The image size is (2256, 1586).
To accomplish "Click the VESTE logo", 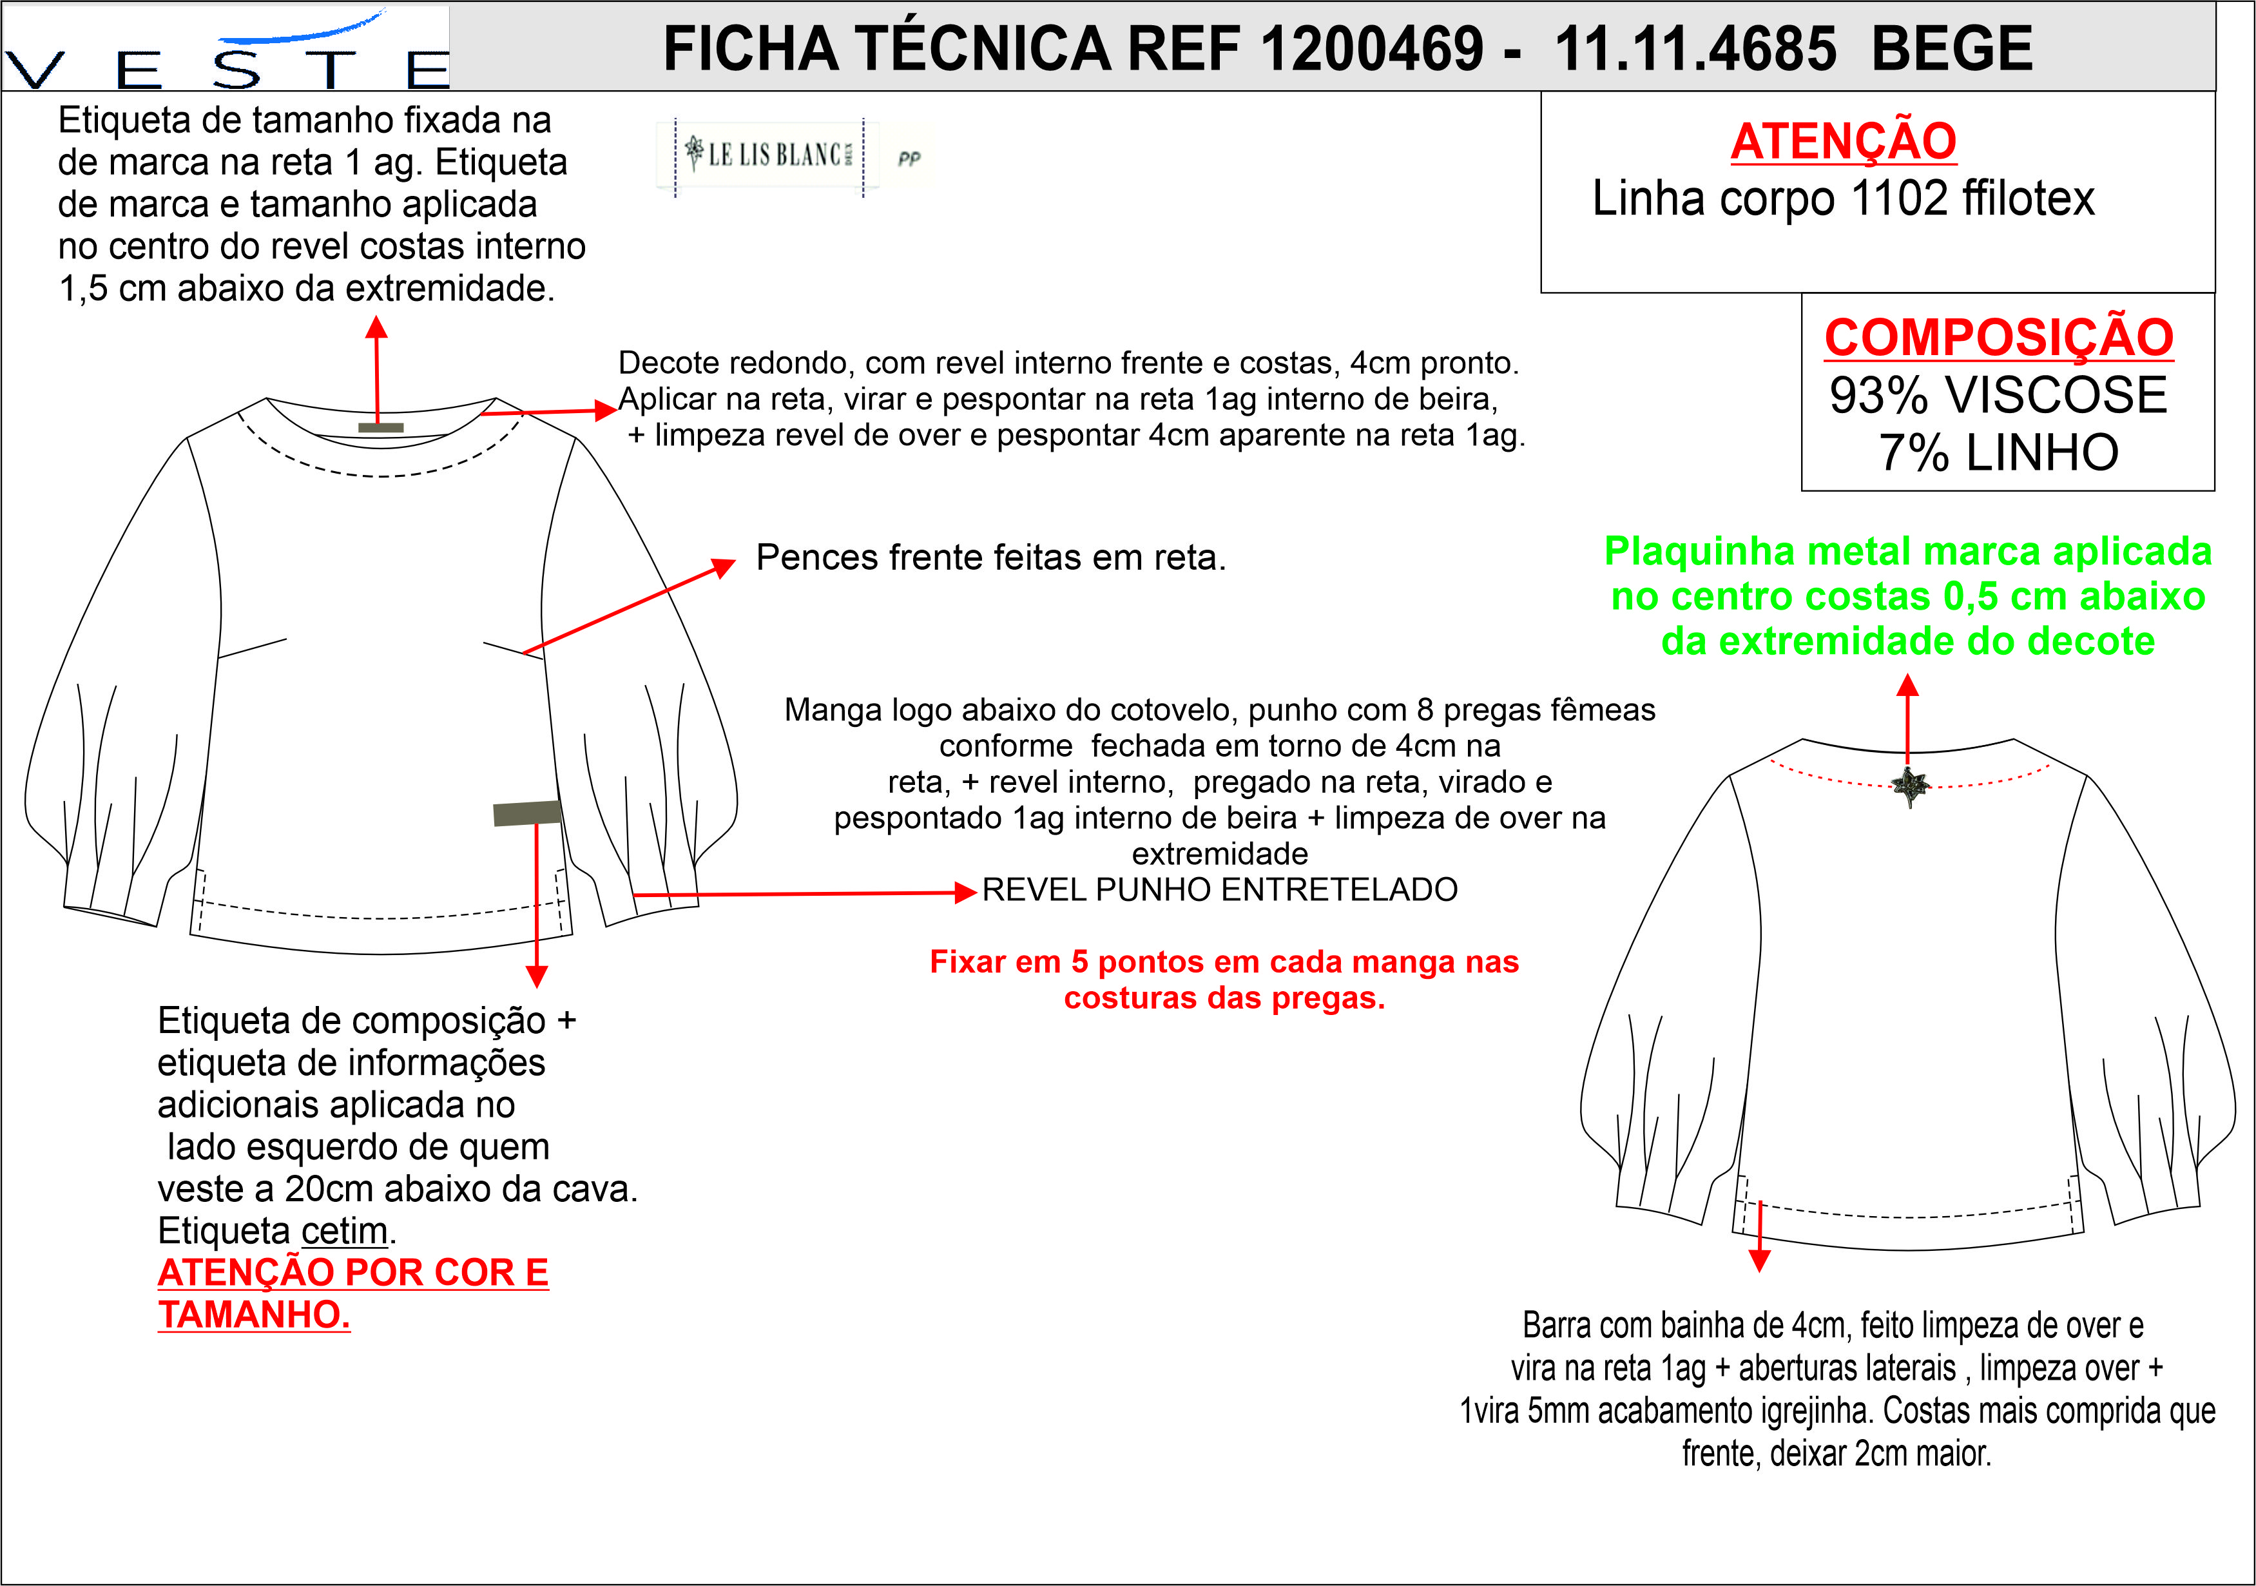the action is point(226,49).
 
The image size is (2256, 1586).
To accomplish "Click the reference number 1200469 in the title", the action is point(1372,48).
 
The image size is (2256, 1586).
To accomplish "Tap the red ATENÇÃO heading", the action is point(1844,140).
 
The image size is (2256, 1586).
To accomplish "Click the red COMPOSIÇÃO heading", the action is point(1998,337).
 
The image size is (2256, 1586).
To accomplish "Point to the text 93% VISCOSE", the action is point(1998,395).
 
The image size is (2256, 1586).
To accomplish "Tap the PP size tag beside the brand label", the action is point(909,158).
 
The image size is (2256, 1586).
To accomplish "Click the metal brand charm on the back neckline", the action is point(1910,786).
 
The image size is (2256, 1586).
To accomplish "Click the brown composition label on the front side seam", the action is point(526,813).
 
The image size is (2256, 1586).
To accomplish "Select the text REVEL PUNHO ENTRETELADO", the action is point(1219,889).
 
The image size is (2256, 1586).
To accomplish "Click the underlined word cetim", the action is point(344,1230).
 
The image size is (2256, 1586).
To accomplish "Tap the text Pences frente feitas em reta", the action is point(990,557).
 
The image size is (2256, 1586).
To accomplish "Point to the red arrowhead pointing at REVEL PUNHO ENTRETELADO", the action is point(967,893).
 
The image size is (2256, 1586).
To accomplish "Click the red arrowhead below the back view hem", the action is point(1760,1261).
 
